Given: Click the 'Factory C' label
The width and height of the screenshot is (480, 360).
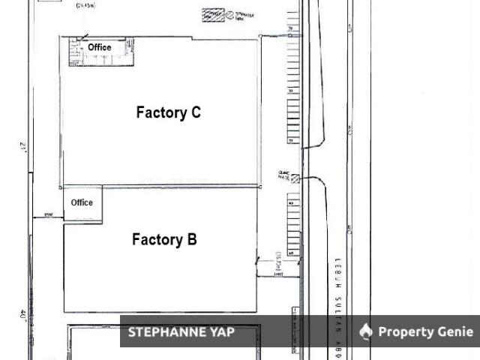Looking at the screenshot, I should click(168, 112).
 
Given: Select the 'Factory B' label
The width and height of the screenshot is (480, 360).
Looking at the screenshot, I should click(164, 240).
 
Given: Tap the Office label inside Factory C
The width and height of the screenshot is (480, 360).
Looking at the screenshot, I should click(99, 47).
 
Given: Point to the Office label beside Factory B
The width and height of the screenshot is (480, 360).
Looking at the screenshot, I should click(82, 202).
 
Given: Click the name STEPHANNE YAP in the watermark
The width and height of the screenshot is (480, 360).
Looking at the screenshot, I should click(181, 331).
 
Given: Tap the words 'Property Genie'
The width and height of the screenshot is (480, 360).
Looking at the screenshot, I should click(425, 331).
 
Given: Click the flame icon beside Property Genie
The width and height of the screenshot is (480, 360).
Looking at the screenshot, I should click(366, 331).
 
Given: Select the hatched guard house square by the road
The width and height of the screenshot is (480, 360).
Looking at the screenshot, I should click(295, 178).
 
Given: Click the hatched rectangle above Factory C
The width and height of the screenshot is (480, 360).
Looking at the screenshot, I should click(213, 14).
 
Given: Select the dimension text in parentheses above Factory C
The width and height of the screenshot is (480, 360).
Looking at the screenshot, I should click(86, 6).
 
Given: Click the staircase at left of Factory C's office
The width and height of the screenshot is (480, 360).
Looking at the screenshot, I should click(74, 54).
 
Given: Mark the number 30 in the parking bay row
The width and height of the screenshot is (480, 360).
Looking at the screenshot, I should click(290, 90).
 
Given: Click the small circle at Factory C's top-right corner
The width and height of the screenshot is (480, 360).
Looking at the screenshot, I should click(260, 36).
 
